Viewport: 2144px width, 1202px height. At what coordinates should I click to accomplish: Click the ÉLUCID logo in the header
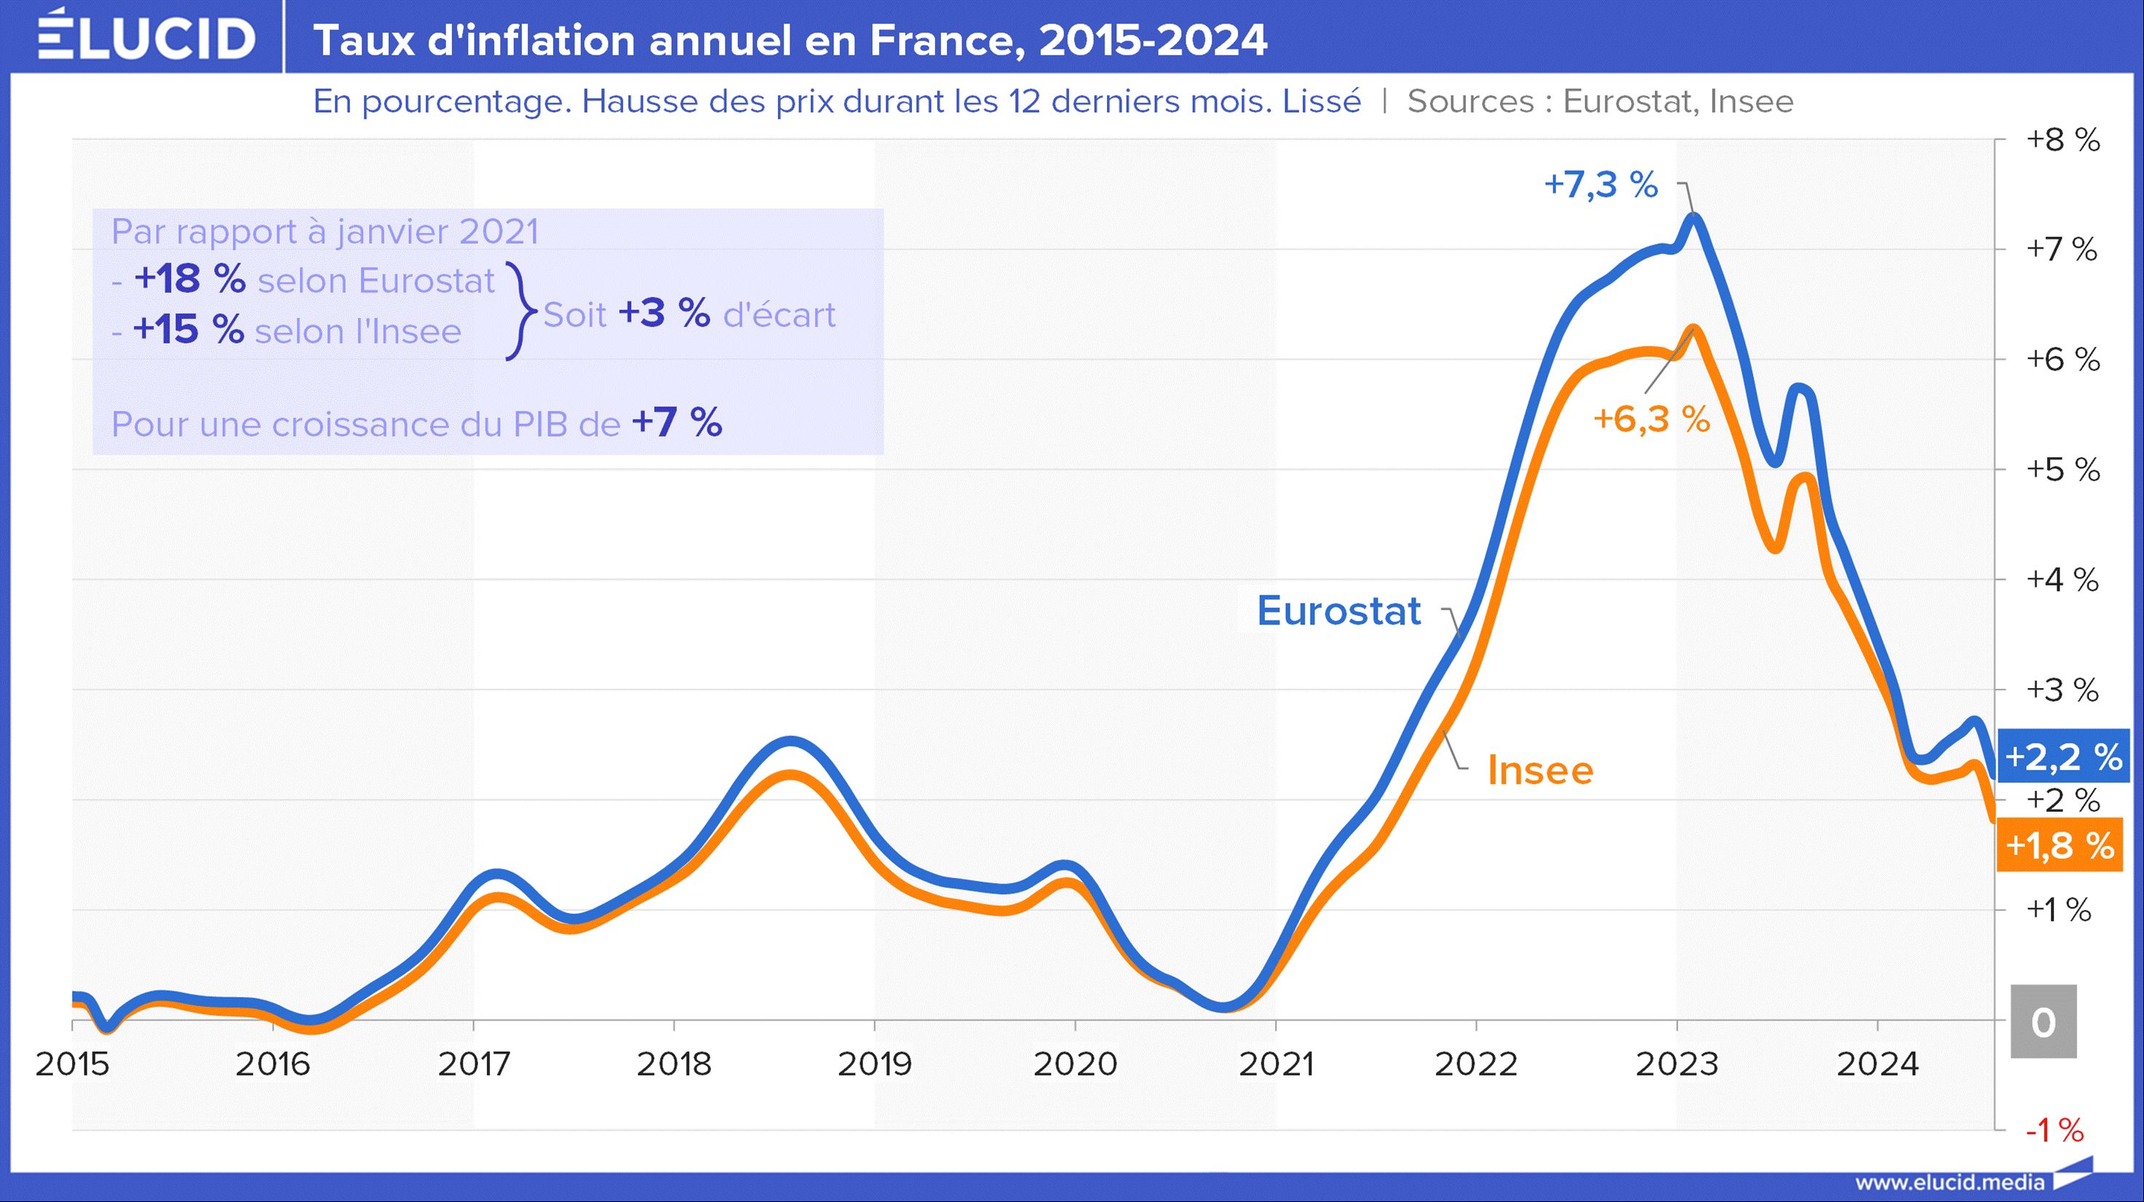[x=146, y=36]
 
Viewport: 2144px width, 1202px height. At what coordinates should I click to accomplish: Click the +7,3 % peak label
[x=1600, y=184]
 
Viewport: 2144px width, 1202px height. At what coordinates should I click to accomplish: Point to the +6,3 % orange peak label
[x=1651, y=419]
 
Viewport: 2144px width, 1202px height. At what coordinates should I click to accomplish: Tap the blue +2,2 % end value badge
[x=2063, y=756]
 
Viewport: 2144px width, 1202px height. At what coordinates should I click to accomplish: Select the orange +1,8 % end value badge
[x=2060, y=845]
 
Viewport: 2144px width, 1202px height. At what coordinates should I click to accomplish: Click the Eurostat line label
[x=1338, y=610]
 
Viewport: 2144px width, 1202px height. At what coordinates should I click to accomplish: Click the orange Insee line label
[x=1541, y=770]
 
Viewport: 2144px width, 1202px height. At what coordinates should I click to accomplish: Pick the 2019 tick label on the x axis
[x=874, y=1064]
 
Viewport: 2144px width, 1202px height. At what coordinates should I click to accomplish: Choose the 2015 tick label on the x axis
[x=72, y=1064]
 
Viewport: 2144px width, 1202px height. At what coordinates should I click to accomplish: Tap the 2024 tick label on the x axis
[x=1878, y=1064]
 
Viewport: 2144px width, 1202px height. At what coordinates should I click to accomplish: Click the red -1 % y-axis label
[x=2054, y=1130]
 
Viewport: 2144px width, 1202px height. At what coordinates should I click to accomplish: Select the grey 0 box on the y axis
[x=2044, y=1021]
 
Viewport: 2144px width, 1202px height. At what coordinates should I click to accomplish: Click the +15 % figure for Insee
[x=188, y=329]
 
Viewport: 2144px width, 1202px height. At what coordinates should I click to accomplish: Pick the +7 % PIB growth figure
[x=677, y=422]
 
